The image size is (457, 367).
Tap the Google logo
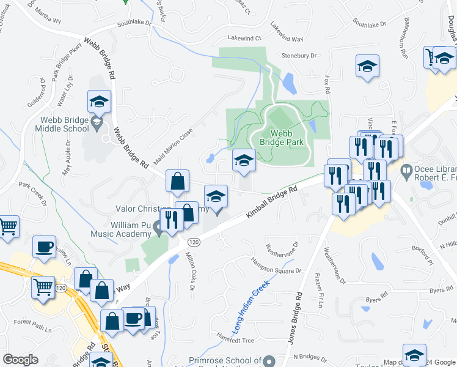click(x=20, y=360)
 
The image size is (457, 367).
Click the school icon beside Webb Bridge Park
click(x=244, y=160)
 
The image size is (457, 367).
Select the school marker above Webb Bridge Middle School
click(x=99, y=101)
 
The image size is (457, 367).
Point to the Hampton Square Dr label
click(x=276, y=265)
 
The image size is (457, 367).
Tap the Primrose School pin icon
click(x=269, y=361)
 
